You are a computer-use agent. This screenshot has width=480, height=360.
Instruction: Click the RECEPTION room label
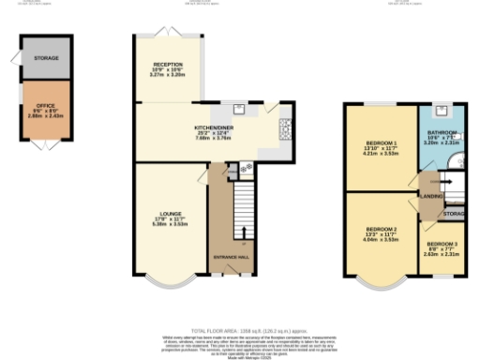pos(168,64)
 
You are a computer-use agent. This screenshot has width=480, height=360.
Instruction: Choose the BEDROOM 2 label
pos(381,229)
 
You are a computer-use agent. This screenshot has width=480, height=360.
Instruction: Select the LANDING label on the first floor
pos(431,196)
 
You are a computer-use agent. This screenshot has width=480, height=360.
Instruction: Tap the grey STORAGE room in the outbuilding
pos(45,58)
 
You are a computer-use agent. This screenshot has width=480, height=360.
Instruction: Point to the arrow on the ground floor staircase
pos(247,232)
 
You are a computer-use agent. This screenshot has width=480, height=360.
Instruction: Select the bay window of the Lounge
pos(170,279)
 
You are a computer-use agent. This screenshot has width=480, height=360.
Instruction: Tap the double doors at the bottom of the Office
pos(45,146)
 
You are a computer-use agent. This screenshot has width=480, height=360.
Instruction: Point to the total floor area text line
pos(240,331)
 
